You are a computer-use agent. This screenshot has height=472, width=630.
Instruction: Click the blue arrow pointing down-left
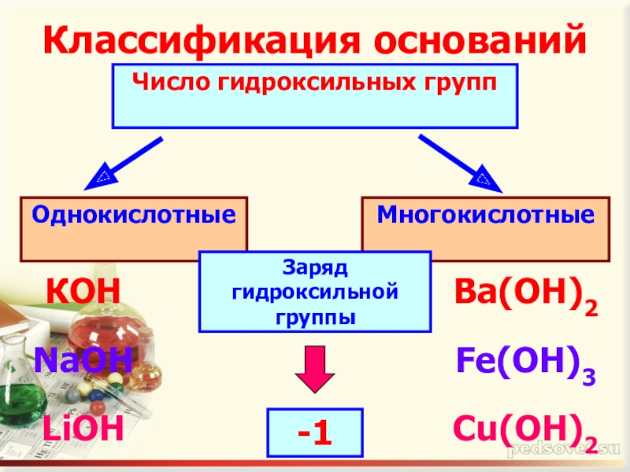pyautogui.click(x=126, y=162)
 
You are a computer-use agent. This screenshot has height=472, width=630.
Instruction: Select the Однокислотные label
pyautogui.click(x=134, y=214)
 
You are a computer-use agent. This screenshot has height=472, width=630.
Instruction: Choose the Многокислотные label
pyautogui.click(x=485, y=214)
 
